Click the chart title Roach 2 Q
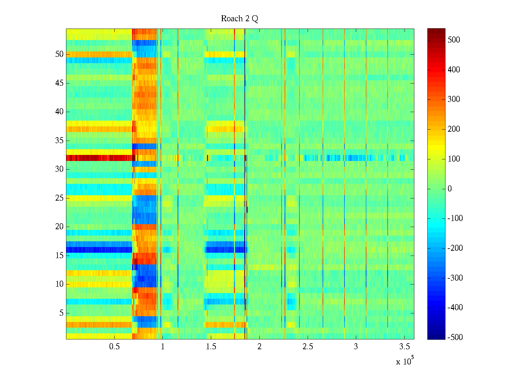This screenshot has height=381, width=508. [239, 19]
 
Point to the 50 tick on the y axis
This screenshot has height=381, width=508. [59, 54]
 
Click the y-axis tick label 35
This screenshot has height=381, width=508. [59, 141]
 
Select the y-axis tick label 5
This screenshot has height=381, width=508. [61, 313]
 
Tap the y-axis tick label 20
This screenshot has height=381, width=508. [59, 227]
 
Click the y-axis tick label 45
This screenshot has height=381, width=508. [59, 83]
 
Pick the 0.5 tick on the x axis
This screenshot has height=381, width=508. [114, 346]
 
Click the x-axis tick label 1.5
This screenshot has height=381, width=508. [211, 346]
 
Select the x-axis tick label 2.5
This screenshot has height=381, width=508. [308, 346]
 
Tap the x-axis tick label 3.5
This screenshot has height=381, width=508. [404, 346]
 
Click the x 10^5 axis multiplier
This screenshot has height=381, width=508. [404, 361]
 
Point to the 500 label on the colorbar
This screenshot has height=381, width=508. [453, 40]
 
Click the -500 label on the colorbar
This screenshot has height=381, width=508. [455, 338]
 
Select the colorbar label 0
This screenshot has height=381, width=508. [450, 189]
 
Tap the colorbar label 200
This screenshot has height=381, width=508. [453, 129]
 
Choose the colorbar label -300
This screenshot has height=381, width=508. [455, 278]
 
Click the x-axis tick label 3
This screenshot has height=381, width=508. [356, 346]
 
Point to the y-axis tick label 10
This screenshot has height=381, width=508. [59, 284]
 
